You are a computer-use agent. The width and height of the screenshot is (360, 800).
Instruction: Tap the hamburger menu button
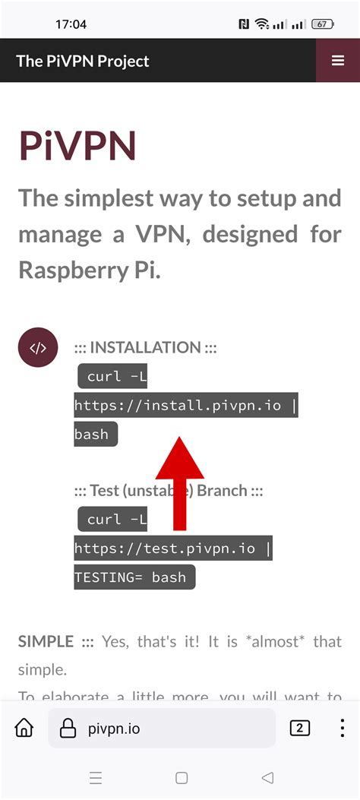click(x=337, y=61)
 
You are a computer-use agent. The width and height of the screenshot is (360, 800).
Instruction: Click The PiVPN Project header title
click(x=83, y=62)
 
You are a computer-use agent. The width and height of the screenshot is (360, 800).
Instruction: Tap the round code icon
click(x=38, y=348)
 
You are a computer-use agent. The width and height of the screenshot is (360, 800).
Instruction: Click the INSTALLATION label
click(x=145, y=348)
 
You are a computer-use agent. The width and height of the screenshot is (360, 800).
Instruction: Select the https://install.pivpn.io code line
click(x=186, y=405)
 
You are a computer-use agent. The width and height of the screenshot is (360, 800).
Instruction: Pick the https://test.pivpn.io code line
click(x=173, y=549)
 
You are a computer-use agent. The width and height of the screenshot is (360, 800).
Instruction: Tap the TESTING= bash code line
click(x=134, y=577)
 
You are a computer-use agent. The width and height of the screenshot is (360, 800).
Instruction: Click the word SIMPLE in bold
click(x=46, y=641)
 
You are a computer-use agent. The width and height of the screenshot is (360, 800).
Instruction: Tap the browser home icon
click(x=24, y=729)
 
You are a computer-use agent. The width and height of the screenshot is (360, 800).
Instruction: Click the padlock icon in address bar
click(x=68, y=729)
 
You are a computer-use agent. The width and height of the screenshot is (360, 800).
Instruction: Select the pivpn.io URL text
click(x=114, y=729)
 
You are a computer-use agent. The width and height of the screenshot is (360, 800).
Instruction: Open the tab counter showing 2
click(x=300, y=729)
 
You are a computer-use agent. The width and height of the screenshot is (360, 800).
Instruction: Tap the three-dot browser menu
click(x=341, y=729)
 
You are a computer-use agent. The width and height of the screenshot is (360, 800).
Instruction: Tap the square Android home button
click(x=182, y=778)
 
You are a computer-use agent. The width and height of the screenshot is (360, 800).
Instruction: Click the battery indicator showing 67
click(x=322, y=24)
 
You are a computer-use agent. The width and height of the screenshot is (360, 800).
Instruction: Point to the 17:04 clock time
click(x=71, y=24)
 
